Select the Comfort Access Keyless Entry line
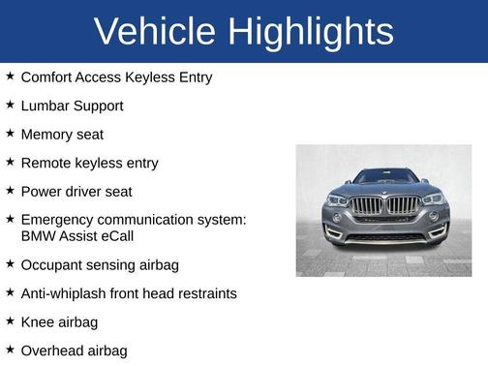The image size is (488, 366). point(115,76)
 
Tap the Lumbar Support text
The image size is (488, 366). point(72,106)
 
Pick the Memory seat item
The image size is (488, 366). point(62,135)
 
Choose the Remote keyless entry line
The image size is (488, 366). point(89,164)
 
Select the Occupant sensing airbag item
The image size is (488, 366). point(100,264)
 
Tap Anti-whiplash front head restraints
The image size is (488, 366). point(128,292)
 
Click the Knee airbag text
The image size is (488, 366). point(59,321)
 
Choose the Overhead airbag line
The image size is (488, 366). point(74,351)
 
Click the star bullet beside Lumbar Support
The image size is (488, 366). point(10,104)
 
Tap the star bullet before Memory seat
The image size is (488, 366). point(10,133)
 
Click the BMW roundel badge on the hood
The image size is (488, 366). point(385,193)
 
